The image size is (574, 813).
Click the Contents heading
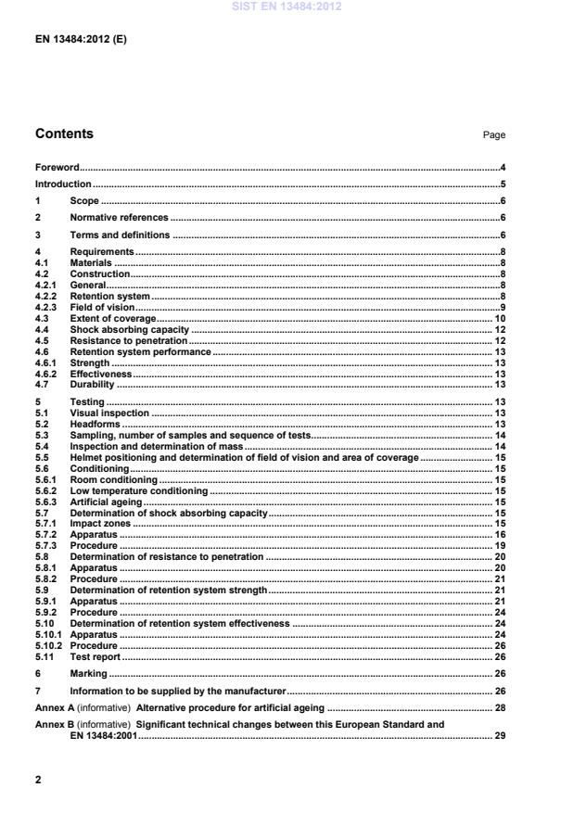click(64, 133)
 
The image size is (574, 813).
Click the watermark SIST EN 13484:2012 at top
click(287, 6)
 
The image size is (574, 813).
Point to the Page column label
click(493, 135)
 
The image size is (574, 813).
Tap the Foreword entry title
click(57, 168)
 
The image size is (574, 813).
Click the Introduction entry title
click(62, 184)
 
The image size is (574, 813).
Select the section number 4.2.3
click(46, 307)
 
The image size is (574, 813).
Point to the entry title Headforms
click(95, 424)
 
